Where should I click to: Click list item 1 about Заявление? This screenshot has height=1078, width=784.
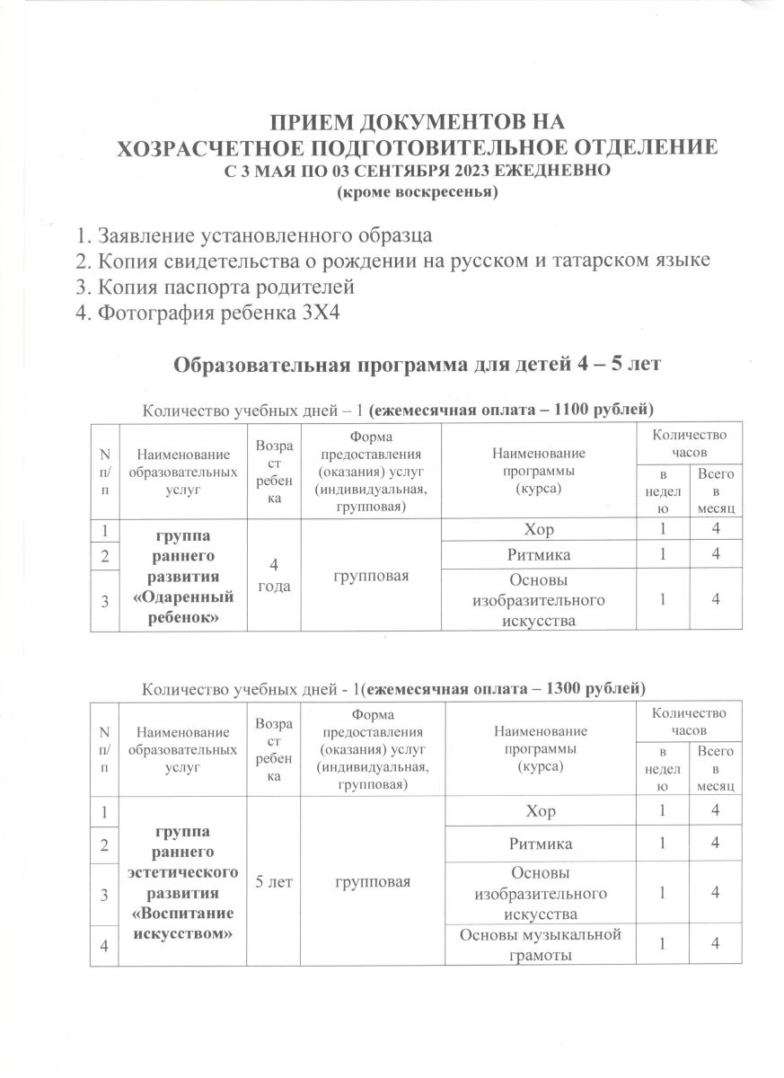click(254, 236)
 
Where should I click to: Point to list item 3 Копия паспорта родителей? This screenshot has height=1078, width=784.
click(216, 287)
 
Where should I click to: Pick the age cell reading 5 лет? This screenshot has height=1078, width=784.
click(274, 882)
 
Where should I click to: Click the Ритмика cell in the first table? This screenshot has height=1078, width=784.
click(539, 555)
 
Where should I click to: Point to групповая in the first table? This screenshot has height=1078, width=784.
click(372, 574)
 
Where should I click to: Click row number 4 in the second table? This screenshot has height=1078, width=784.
click(105, 945)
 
